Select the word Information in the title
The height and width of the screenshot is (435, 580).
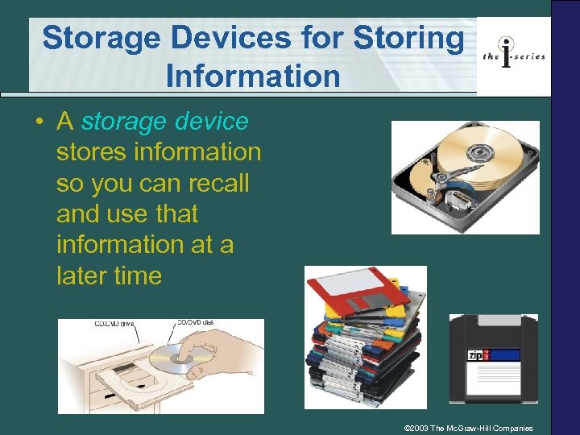(x=252, y=77)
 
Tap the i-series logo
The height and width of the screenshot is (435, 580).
(x=513, y=54)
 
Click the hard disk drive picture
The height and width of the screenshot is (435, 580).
(x=465, y=177)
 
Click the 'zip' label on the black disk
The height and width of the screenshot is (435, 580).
(x=476, y=355)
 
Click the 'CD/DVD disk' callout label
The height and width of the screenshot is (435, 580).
(x=196, y=324)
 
